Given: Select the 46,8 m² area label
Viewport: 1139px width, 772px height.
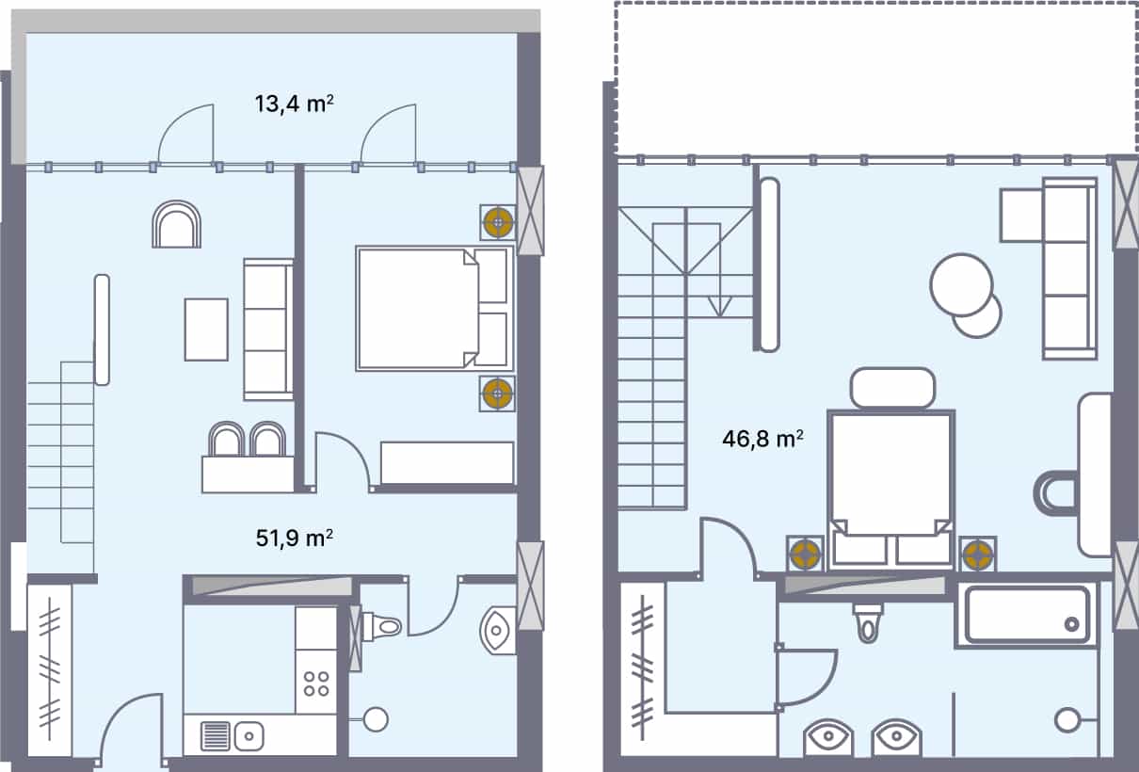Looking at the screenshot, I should point(762,439).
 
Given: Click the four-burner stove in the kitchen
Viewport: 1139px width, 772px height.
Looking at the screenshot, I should point(316,683).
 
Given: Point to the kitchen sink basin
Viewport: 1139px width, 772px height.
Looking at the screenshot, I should point(249,732).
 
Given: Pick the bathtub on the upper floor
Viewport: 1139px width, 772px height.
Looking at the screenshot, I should point(1027,615).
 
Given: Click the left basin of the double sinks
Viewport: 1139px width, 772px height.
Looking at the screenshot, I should point(829,736).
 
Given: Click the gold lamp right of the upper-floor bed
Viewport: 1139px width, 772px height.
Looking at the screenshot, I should point(978,555).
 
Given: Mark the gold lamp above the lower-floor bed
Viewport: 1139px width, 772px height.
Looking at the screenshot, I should point(497,223).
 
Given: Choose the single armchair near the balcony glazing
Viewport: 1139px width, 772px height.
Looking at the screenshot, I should point(176,225).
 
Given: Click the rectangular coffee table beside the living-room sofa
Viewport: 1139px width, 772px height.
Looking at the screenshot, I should point(206,329).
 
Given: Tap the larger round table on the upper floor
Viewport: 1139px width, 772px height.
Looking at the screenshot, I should point(960,285).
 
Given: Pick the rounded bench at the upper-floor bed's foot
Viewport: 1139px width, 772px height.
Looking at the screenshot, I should point(892,388).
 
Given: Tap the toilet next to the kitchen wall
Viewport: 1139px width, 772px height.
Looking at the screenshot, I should point(381,624).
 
